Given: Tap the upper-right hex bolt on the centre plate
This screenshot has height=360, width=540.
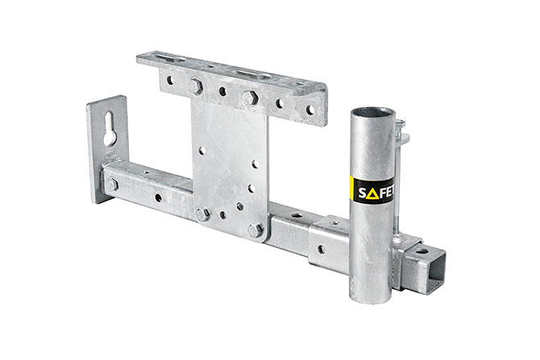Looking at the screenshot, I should (249, 97).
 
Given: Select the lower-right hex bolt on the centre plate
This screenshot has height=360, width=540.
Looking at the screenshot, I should (255, 230).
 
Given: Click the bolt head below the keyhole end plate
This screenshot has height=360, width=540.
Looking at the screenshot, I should (112, 185).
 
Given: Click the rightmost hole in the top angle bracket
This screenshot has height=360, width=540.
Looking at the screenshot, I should (308, 110).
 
